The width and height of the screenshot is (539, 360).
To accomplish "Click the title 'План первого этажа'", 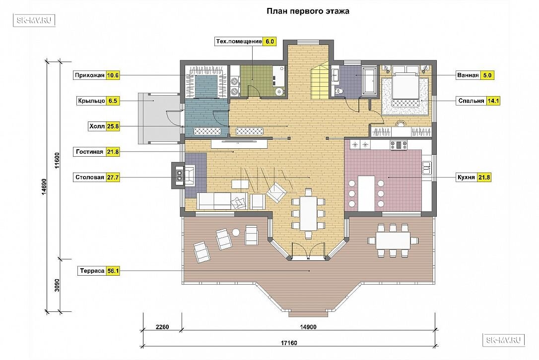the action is tap(308, 11).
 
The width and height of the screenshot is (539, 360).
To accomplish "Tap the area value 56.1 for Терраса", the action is tap(113, 271).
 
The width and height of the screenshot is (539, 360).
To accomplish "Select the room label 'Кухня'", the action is tap(466, 177).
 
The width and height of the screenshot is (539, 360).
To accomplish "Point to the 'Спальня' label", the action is tap(472, 101).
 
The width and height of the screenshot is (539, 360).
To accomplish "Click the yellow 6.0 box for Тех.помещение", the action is tap(269, 41).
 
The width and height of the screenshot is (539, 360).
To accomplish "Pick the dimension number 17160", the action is tap(289, 343).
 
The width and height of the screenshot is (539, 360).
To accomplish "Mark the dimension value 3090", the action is tap(57, 285).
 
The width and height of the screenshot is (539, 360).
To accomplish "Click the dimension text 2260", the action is tap(162, 327).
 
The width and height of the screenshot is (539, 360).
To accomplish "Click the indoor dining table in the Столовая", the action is tap(308, 213).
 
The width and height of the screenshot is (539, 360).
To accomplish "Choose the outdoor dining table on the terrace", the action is tap(393, 240).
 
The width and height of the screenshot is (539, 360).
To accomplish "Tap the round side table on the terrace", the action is tap(236, 233).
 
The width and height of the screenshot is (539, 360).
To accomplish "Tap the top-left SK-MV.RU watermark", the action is tap(34, 20).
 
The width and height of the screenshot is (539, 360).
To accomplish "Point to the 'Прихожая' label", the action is tap(90, 75).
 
